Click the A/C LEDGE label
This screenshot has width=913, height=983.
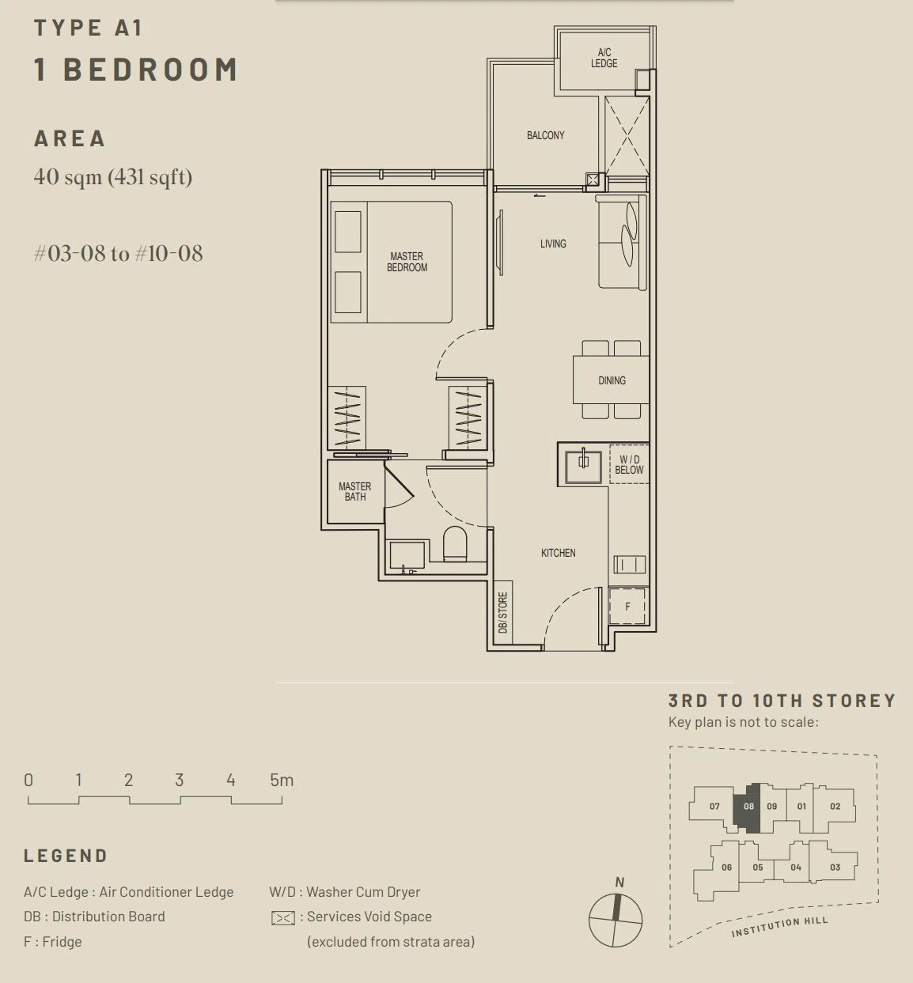[604, 58]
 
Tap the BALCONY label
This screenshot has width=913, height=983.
[545, 135]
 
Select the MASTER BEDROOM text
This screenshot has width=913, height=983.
[407, 262]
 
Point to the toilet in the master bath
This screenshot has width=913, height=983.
[455, 543]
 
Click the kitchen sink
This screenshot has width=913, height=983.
[583, 466]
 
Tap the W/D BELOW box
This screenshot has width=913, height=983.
[629, 464]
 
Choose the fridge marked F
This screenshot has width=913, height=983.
[627, 607]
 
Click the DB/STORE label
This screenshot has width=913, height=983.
[503, 613]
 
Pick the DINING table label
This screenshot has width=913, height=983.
[612, 380]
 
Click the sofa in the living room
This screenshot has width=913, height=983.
[622, 241]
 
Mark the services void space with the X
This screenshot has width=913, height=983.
[627, 135]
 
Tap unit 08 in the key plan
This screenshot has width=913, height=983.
[748, 807]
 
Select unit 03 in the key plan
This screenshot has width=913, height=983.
[835, 868]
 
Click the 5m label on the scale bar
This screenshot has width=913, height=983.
[282, 780]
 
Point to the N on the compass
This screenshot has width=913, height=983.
[619, 882]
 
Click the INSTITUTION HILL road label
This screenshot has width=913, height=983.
[780, 926]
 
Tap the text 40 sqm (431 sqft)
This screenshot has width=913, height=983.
[113, 177]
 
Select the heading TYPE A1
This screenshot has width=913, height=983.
[88, 27]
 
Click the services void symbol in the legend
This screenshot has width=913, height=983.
[283, 918]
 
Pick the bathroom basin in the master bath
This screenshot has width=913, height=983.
[407, 556]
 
